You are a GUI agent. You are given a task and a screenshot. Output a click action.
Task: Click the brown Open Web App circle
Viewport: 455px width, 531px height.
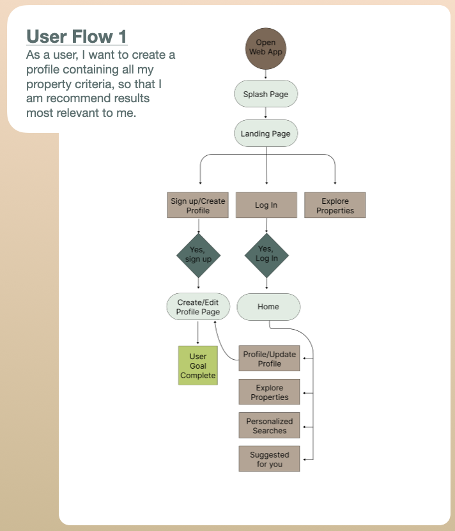point(266,49)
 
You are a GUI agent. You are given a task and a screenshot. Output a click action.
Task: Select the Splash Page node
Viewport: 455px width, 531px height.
point(266,94)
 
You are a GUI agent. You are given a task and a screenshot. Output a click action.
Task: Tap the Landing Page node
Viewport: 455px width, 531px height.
point(266,134)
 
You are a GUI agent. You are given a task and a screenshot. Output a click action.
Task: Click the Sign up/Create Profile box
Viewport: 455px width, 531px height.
point(198,205)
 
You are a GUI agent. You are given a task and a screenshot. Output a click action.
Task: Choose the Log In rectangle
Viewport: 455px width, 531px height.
point(266,205)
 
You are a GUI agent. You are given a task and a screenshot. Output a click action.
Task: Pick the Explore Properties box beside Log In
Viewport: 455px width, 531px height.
point(335,205)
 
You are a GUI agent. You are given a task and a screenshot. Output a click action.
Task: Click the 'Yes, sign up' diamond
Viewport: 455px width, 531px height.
point(199,256)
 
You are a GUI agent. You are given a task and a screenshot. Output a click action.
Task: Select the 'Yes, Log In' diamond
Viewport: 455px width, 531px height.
point(266,256)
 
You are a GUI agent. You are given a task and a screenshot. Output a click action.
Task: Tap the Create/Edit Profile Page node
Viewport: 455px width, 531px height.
point(198,307)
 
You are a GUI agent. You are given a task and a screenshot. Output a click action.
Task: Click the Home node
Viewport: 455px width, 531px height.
point(268,307)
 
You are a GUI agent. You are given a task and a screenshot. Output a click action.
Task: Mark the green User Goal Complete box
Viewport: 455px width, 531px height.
point(198,366)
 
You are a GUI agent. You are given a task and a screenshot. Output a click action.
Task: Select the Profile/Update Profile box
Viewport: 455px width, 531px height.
point(269,358)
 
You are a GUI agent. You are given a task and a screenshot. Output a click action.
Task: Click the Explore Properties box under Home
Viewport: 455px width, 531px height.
point(269,392)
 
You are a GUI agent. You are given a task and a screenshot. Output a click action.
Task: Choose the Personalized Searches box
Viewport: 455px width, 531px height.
point(269,426)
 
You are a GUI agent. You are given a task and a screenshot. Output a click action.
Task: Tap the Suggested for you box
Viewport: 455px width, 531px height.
point(269,459)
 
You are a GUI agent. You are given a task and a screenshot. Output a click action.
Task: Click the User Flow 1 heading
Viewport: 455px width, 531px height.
point(77,36)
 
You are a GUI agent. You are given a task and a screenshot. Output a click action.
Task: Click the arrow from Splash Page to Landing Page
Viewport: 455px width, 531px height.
point(266,112)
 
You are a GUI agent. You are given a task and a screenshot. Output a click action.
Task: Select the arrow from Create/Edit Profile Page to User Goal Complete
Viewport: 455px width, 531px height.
point(198,332)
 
